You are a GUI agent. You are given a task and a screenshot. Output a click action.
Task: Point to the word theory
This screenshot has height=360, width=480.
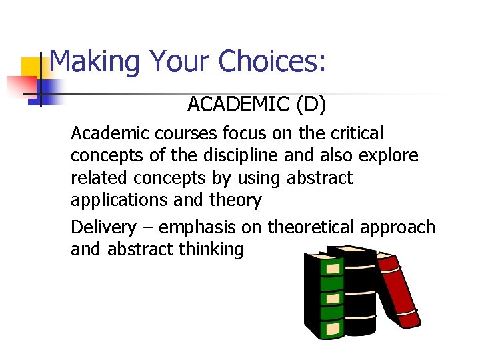(x=235, y=200)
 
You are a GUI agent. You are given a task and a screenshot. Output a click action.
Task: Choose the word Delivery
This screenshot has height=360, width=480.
(x=103, y=227)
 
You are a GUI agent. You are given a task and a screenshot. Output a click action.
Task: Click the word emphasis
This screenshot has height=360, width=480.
(x=197, y=227)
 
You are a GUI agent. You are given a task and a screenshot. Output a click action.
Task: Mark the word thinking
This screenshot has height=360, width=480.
(x=211, y=249)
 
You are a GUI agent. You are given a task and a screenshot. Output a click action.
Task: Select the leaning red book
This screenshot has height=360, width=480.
(x=398, y=290)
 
